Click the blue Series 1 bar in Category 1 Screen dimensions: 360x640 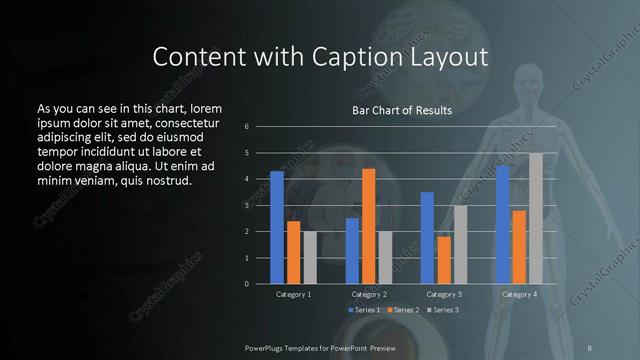tap(277, 227)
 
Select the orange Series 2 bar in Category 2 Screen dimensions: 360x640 tap(368, 226)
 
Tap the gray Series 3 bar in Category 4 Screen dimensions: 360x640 tap(536, 218)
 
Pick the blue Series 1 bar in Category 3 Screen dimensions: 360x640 tap(427, 238)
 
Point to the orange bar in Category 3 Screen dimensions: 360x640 tap(444, 260)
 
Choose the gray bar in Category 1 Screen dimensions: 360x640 tap(310, 257)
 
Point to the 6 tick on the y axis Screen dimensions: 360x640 tap(260, 127)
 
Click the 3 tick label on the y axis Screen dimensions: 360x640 tap(260, 205)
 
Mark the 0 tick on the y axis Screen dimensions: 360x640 tap(260, 284)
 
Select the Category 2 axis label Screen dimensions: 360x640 tap(369, 295)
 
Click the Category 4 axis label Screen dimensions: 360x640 tap(519, 295)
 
